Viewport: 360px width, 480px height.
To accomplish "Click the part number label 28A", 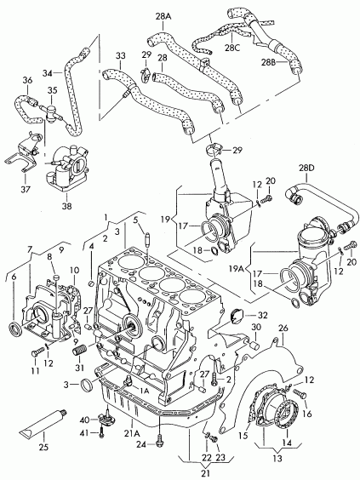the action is coord(163,16).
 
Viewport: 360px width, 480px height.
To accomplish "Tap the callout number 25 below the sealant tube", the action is coord(43,447).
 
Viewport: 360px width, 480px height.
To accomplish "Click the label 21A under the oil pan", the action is coord(132,433).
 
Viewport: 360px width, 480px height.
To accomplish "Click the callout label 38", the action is coord(66,206).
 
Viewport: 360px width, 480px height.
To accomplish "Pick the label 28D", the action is coord(307,168).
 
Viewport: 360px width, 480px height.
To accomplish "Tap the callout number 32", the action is coord(263,315).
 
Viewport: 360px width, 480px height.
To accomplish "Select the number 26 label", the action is coord(283,329).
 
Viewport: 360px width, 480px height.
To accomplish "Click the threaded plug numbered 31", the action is coord(80,349).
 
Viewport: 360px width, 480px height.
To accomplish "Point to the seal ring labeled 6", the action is coord(15,329).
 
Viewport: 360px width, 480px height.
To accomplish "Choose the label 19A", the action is coord(236,269).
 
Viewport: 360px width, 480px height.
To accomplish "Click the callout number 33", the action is coord(121,55).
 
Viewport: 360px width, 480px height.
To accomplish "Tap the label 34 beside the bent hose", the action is coord(48,73).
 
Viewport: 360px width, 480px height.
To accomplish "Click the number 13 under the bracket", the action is coord(277,459).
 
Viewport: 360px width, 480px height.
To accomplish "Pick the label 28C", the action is coord(232,48).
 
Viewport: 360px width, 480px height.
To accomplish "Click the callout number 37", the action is coord(26,190).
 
